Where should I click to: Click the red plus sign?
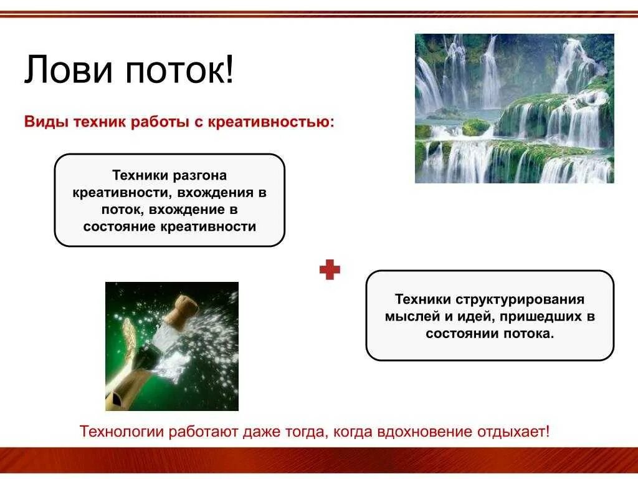point(330,270)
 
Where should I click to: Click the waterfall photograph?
point(514,109)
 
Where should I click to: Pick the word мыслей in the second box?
point(408,316)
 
